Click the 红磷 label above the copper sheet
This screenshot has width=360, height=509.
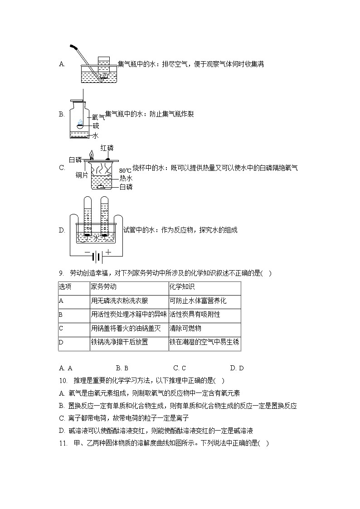(107, 148)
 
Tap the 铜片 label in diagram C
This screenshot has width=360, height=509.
(82, 175)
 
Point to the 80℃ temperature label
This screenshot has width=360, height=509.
(125, 170)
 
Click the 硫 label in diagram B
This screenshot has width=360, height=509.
(96, 126)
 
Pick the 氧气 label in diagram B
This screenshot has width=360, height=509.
(98, 117)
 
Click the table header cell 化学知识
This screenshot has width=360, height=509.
(182, 287)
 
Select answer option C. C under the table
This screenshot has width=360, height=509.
(180, 368)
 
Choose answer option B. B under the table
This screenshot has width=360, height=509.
(122, 368)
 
